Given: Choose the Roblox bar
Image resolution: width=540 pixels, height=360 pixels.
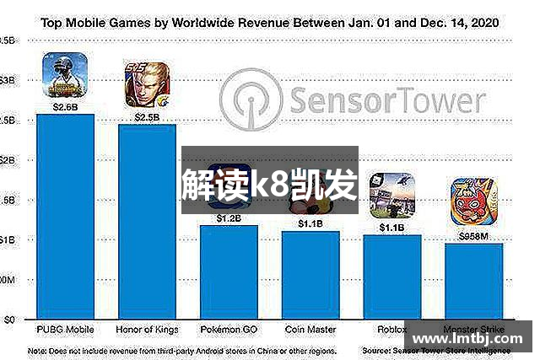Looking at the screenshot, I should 391,277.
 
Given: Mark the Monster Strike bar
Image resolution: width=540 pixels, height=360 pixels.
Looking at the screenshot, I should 474,282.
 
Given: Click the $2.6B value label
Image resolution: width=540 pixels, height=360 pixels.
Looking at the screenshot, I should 66,107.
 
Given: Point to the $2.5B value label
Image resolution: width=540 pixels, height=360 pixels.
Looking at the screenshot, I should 147,117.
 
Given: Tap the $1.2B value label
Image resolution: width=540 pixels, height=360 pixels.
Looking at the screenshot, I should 229,218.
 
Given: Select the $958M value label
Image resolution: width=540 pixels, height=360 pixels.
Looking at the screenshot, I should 473,237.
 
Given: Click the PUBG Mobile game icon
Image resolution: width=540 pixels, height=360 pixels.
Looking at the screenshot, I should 66,77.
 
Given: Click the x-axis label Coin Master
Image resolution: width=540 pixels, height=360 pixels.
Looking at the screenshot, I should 310,329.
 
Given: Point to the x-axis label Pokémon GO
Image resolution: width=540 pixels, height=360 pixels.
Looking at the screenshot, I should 229,329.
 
